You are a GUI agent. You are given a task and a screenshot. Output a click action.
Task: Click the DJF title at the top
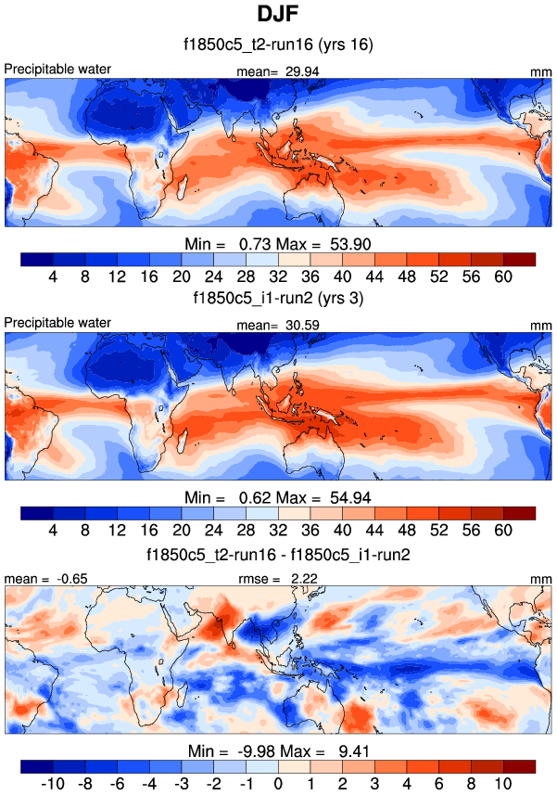point(278,16)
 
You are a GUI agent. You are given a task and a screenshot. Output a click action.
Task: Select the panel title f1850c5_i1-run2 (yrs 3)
point(278,299)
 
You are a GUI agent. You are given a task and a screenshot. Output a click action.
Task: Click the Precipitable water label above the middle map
point(57,323)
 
